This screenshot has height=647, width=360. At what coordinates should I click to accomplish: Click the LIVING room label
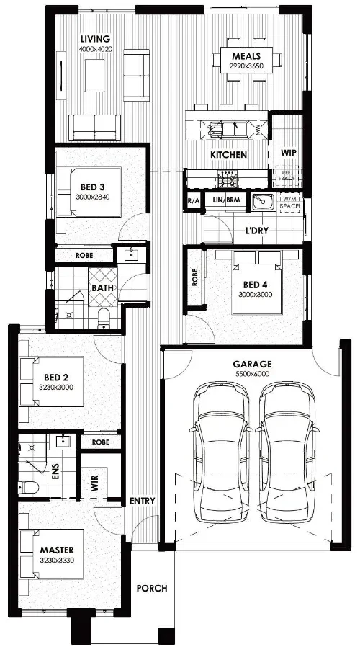point(95,38)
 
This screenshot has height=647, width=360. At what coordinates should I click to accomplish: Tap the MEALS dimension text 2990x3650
point(246,66)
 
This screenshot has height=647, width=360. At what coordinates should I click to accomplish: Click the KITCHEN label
point(228,155)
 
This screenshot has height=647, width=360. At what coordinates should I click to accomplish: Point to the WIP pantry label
point(289,153)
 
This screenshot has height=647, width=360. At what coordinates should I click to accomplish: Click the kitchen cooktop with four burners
point(229,177)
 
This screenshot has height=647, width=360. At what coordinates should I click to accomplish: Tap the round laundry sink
point(260,202)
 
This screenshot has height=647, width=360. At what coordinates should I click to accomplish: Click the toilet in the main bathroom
point(104,316)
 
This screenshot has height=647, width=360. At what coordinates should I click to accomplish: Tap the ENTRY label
point(142,501)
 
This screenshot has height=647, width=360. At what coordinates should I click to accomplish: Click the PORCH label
point(152,589)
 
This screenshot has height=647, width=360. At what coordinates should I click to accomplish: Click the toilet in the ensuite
point(29,487)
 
